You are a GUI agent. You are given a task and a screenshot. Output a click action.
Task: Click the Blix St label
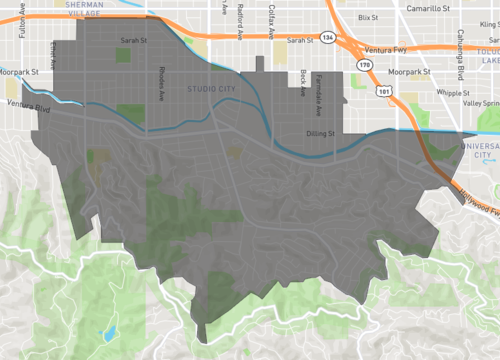pyautogui.click(x=369, y=18)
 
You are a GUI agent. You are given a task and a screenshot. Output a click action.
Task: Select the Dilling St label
pyautogui.click(x=323, y=132)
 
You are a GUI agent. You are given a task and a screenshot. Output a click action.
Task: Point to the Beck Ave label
pyautogui.click(x=300, y=80)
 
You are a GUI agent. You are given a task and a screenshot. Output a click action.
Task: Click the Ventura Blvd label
pyautogui.click(x=28, y=104)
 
